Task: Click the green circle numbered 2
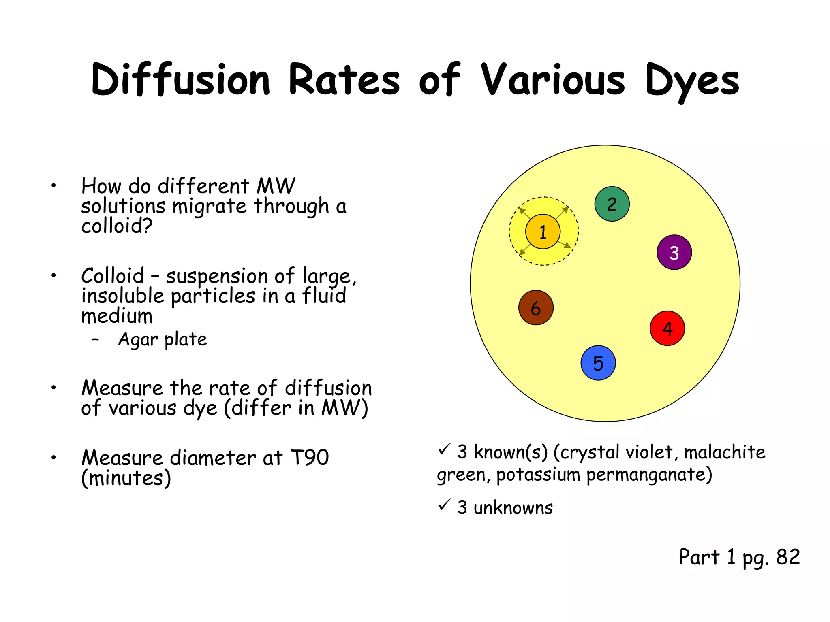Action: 612,204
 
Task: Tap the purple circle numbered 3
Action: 674,252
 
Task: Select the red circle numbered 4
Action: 667,328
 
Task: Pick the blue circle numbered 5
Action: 598,363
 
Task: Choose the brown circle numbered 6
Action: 536,308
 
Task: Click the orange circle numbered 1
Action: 543,232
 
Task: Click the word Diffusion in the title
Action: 181,80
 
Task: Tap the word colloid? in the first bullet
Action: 117,226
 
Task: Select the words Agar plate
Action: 162,339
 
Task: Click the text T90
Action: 310,458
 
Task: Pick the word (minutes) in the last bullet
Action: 126,478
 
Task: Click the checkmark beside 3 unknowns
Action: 444,505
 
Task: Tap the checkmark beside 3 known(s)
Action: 444,449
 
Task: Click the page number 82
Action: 788,557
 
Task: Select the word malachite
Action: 725,452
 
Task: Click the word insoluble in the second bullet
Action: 122,296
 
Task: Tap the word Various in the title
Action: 553,80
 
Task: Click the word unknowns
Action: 513,508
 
